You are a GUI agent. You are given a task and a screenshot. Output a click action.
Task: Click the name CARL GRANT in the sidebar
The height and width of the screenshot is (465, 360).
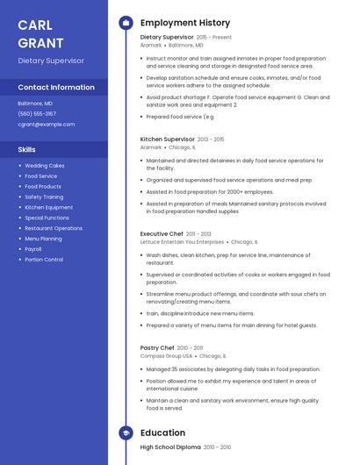click(40, 33)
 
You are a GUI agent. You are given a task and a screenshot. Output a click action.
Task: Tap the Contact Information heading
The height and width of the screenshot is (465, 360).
click(56, 88)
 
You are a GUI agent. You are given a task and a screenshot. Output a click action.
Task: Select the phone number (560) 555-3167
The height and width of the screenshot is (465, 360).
click(37, 114)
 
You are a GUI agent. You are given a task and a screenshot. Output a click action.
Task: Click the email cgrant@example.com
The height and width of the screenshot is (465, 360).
click(47, 125)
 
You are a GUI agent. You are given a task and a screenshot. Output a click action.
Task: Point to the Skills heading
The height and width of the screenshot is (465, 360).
click(27, 149)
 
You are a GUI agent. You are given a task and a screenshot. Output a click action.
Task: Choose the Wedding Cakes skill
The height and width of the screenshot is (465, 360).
click(45, 166)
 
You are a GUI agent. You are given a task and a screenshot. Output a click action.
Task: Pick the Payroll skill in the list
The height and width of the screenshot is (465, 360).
click(34, 249)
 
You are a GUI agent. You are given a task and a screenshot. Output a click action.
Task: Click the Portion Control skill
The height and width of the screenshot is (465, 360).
click(44, 260)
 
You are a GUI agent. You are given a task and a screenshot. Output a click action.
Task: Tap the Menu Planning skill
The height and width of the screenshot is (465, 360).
click(43, 239)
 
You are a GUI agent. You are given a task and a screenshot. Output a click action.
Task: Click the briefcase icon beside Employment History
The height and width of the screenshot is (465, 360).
click(126, 22)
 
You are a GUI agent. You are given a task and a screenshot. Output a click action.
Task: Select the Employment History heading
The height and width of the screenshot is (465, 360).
click(185, 22)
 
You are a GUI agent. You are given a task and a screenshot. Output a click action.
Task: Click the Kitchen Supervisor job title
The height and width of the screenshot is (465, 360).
click(168, 139)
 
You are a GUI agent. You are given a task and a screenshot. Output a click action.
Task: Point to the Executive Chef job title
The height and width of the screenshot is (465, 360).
click(162, 234)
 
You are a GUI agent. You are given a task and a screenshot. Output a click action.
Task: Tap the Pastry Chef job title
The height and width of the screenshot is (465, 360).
click(158, 348)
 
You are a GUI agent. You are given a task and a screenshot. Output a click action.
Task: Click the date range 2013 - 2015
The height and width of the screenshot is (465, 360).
click(211, 139)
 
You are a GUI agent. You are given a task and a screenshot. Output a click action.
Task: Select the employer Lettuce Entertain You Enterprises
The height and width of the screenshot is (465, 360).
click(182, 242)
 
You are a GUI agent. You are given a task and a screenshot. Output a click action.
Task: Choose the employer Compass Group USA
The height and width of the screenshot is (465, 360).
click(166, 356)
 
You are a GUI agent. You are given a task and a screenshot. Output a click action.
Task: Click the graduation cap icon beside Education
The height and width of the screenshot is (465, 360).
click(126, 433)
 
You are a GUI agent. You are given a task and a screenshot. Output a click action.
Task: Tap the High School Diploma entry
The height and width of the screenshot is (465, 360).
click(171, 447)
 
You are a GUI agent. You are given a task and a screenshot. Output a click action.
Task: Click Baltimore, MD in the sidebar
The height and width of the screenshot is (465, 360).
click(35, 104)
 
